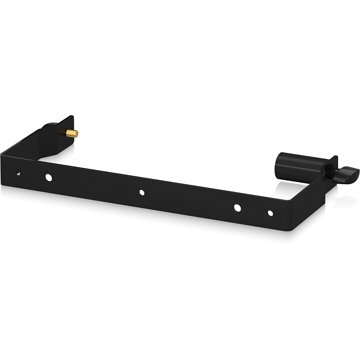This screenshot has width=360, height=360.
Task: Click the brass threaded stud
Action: pyautogui.click(x=72, y=133)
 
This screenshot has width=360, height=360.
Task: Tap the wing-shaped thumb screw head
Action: pyautogui.click(x=346, y=174)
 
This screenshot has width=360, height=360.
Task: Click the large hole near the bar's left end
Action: pyautogui.click(x=49, y=177)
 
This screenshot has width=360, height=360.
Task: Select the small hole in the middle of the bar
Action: pyautogui.click(x=142, y=193)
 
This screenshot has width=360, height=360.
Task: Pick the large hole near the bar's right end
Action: pyautogui.click(x=237, y=208)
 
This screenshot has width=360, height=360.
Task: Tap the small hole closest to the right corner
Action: pyautogui.click(x=271, y=213)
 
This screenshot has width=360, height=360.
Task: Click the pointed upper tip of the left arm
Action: pyautogui.click(x=72, y=117)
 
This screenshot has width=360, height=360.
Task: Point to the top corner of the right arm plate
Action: pyautogui.click(x=335, y=157)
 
